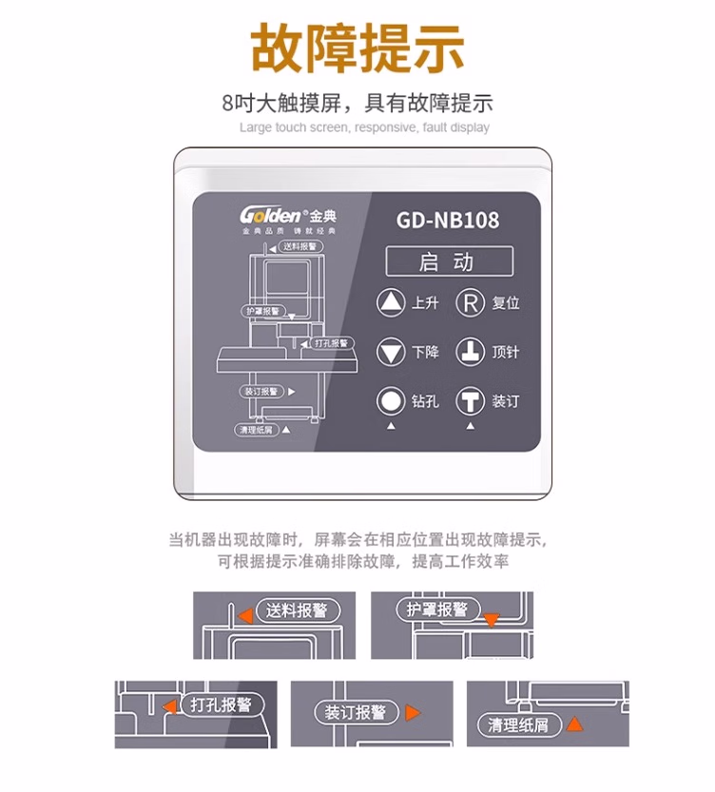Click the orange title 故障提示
click(x=357, y=48)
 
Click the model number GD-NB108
click(x=447, y=220)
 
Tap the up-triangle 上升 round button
click(x=391, y=303)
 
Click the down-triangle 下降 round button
click(x=391, y=353)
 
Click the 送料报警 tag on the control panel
click(x=301, y=246)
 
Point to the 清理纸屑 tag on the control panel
click(x=255, y=430)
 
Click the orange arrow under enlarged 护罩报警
click(x=491, y=621)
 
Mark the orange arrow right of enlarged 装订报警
click(x=412, y=712)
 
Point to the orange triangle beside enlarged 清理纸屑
click(x=573, y=724)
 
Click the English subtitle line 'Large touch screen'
click(x=364, y=127)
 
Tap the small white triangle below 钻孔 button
click(x=390, y=427)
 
